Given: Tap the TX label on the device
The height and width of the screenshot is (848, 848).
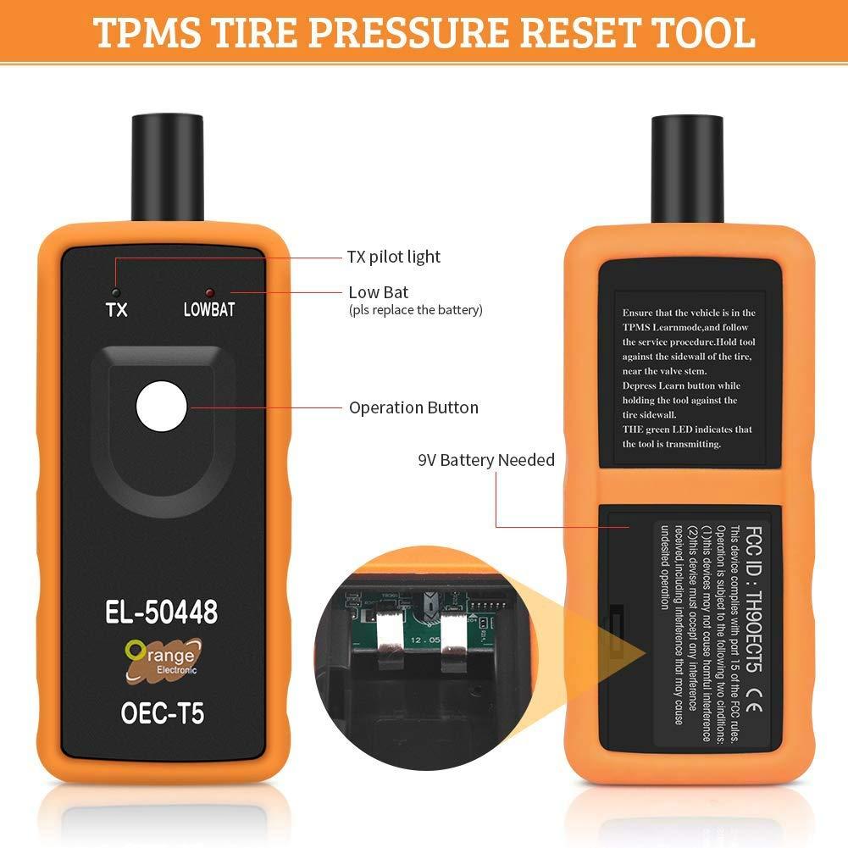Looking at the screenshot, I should [x=117, y=309].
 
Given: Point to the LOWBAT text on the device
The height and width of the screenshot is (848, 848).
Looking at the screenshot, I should [x=208, y=309].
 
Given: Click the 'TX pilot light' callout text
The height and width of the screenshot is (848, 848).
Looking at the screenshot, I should [x=394, y=257].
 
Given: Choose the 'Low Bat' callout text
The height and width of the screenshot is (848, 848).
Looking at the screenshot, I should [x=378, y=292].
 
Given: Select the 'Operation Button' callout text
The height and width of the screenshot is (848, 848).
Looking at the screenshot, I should [x=413, y=407].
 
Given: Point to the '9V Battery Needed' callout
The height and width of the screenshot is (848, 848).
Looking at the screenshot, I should [x=486, y=460].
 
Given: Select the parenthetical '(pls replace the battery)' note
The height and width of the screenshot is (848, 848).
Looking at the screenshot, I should [x=416, y=310].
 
